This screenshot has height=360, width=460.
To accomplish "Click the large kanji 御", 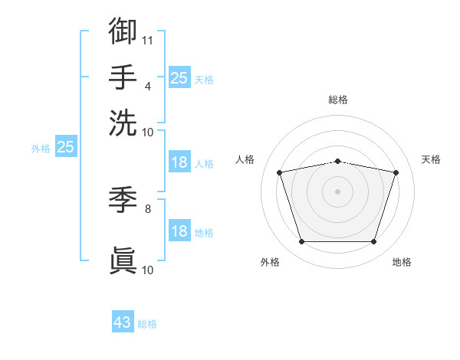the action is point(123,31).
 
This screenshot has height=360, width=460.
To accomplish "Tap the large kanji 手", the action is point(123,77).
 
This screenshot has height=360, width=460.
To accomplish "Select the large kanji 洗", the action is point(123,123).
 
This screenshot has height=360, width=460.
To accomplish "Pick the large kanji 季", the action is point(123,200).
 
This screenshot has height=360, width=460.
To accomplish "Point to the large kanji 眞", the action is point(123,260).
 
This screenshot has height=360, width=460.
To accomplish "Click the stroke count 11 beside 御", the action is point(147,41).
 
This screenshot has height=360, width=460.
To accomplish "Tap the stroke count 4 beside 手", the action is point(148,87).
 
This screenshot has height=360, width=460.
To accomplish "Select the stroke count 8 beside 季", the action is point(148,209).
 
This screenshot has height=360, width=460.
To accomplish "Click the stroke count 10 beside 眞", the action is point(147,270).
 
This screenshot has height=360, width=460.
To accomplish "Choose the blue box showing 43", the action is point(123,321).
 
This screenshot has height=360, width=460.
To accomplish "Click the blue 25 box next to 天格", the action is point(179,77).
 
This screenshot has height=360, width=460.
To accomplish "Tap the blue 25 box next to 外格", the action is point(66,146).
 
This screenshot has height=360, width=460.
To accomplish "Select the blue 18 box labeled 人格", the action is point(179,162).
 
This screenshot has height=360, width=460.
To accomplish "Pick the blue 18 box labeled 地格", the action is point(179,230).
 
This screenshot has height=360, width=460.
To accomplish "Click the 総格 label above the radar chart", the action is point(338,100).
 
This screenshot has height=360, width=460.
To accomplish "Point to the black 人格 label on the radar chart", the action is point(245,159).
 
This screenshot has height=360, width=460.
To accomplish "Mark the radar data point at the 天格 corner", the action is point(396,172).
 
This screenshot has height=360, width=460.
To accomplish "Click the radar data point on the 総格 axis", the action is point(338,162).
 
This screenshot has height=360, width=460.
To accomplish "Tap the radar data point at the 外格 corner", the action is point(302,241).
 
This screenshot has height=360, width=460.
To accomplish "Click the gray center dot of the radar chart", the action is point(337,191).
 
